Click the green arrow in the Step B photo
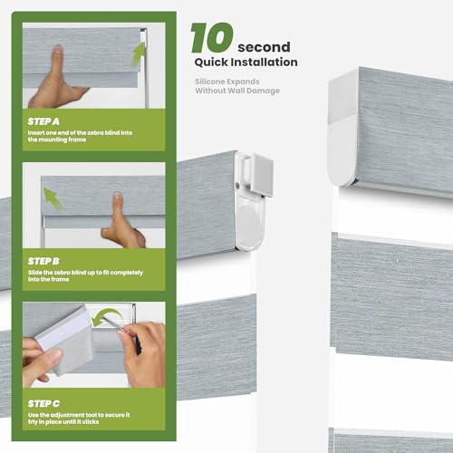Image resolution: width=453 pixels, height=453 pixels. click(53, 198)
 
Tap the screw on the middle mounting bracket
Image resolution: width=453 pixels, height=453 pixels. click(237, 188)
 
